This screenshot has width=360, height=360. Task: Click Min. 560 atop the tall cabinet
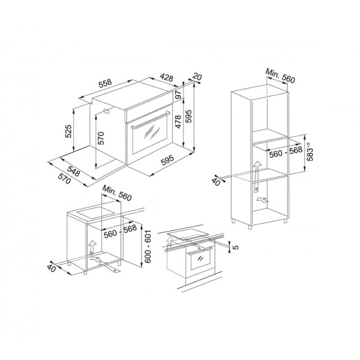[281, 77]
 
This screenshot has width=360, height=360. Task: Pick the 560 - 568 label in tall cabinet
[286, 153]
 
